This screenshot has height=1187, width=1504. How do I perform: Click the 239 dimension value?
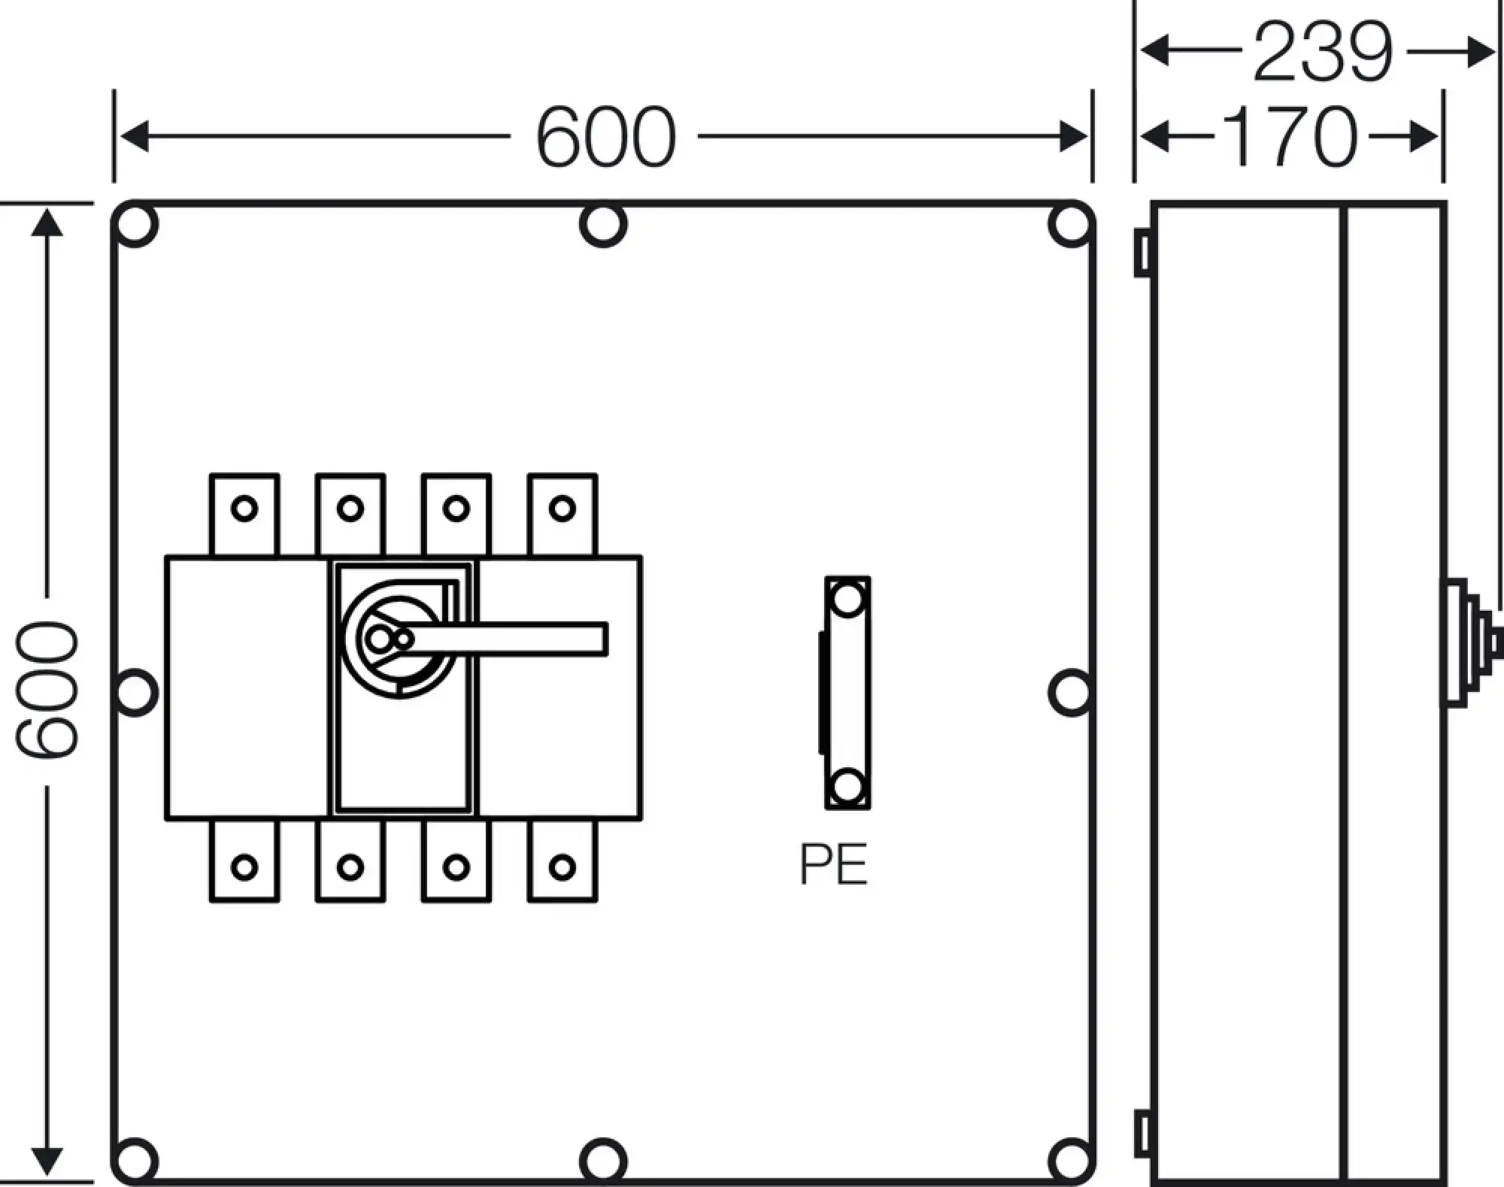click(1323, 52)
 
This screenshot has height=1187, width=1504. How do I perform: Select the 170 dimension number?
click(1290, 136)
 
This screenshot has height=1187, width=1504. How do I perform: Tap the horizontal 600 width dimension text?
click(605, 137)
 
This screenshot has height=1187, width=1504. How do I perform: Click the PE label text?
click(833, 865)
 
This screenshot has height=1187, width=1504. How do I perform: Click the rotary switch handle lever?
click(526, 639)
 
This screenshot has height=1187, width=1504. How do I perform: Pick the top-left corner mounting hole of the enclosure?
click(135, 223)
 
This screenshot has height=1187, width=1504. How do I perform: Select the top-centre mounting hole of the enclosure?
click(603, 223)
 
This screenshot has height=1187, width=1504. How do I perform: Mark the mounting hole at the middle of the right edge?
click(1071, 692)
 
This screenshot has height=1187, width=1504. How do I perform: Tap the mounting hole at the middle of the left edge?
click(135, 692)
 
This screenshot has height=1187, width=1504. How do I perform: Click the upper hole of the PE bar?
click(848, 600)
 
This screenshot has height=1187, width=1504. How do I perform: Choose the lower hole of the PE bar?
click(848, 787)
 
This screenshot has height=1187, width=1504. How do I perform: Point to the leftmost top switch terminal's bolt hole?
click(244, 508)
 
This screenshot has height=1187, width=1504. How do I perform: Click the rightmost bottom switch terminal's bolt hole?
click(562, 867)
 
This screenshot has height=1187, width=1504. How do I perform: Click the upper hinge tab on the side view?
click(1142, 252)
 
